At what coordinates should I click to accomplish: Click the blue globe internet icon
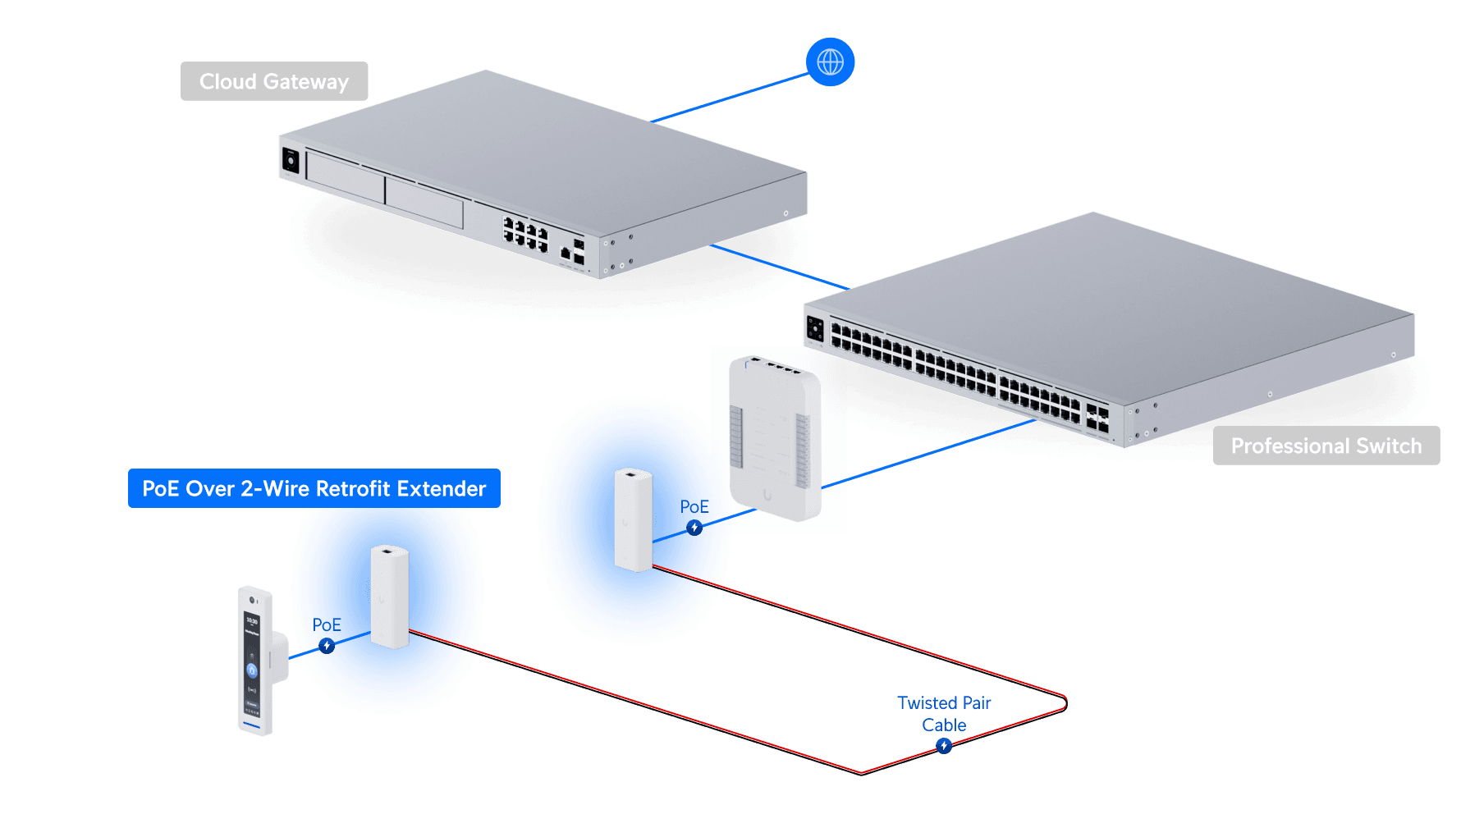click(x=830, y=62)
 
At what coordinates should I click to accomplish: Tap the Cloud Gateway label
click(x=274, y=81)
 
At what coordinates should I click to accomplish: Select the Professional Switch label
click(x=1326, y=446)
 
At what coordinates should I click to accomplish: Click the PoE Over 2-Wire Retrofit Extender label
click(x=314, y=488)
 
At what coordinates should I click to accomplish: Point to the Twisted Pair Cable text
click(x=944, y=714)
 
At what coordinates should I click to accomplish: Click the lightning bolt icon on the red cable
click(x=944, y=746)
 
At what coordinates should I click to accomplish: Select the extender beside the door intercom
click(x=389, y=596)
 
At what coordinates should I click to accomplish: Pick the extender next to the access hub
click(x=633, y=519)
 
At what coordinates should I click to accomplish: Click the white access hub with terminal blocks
click(x=775, y=437)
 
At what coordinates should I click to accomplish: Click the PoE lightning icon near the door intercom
click(x=327, y=647)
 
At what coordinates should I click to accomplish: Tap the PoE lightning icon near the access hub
click(x=694, y=528)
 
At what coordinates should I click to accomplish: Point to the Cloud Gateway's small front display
click(x=291, y=159)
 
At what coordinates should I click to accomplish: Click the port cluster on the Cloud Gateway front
click(x=525, y=234)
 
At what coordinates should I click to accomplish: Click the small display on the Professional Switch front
click(x=815, y=328)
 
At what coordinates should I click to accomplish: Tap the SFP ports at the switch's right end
click(x=1097, y=417)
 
